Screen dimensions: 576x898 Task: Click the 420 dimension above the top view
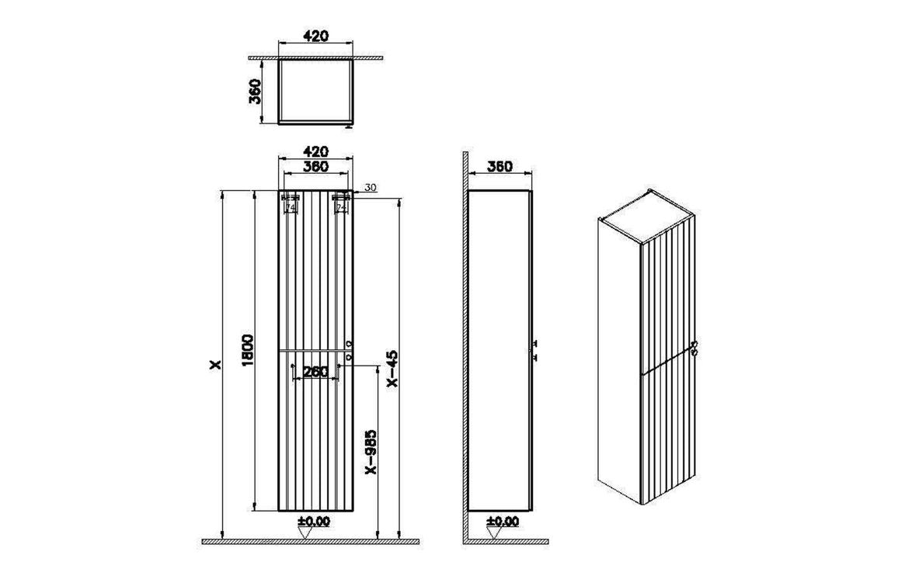pos(315,36)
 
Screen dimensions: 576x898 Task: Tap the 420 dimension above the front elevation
pos(315,151)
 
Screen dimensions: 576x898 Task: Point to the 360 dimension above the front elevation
pos(315,166)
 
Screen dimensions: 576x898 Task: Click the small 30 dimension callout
pos(370,187)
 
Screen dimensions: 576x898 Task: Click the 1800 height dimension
pos(248,353)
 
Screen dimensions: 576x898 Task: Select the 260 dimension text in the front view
pos(315,372)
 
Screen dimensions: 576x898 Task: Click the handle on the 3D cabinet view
pos(696,346)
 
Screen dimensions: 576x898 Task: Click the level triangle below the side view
pos(493,533)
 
